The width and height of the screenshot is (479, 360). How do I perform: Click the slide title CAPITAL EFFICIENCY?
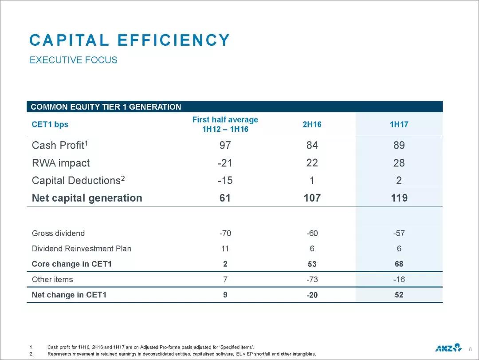[130, 40]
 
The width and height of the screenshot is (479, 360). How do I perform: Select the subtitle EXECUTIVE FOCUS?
[73, 60]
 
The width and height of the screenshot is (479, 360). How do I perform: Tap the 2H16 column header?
[312, 124]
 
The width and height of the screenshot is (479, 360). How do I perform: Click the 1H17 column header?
[399, 124]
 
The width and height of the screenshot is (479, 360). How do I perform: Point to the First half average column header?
[225, 124]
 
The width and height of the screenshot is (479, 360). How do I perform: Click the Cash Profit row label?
[61, 145]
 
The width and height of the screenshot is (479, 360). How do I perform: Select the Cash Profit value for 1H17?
[399, 145]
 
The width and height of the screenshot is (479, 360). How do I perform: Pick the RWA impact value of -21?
[225, 163]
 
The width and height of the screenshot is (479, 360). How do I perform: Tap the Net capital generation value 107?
[312, 198]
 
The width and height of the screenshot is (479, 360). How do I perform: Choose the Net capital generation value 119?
[399, 198]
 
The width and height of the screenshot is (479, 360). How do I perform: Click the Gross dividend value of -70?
[225, 233]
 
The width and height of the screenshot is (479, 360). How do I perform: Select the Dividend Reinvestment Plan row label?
[82, 249]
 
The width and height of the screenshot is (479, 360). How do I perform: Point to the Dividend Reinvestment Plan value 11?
[225, 249]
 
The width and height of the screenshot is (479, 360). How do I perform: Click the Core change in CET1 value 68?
[399, 264]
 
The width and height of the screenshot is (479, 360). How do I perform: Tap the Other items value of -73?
[312, 280]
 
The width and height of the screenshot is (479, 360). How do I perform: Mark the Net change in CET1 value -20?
[312, 295]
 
